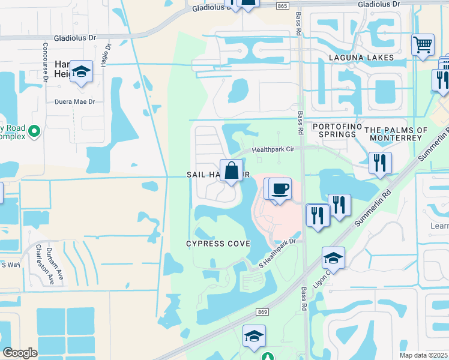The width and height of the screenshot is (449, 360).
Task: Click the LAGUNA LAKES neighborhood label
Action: [x=361, y=58]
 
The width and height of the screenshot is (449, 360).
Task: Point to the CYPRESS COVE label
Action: [x=218, y=244]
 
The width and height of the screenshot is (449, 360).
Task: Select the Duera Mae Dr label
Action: [x=75, y=101]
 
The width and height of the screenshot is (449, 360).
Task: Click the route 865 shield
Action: [x=284, y=5]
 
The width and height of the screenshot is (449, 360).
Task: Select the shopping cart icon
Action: [x=423, y=45]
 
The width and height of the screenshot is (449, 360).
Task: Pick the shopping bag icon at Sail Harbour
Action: [x=231, y=171]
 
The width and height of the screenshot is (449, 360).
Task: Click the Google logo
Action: [x=20, y=353]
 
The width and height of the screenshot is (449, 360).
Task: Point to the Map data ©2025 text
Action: [x=423, y=355]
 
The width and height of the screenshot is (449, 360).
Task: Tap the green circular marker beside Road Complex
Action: [x=34, y=130]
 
